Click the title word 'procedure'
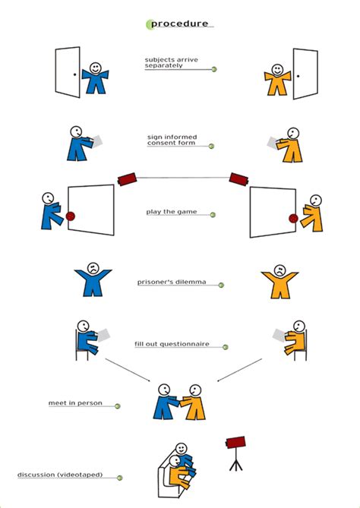(179, 24)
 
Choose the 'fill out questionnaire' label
(178, 344)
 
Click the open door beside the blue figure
(68, 72)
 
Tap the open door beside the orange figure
(305, 74)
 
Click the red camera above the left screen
(127, 178)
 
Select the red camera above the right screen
(239, 179)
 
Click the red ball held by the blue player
(71, 216)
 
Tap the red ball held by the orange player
(293, 219)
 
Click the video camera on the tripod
(236, 443)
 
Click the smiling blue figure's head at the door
(95, 68)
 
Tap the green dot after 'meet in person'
(118, 406)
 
